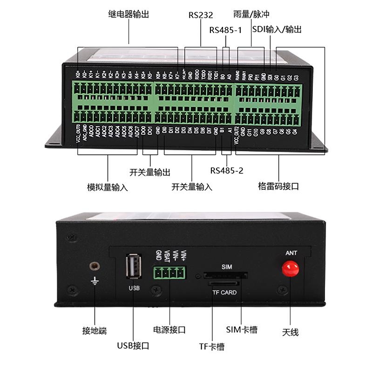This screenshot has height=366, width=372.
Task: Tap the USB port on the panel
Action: [x=134, y=267]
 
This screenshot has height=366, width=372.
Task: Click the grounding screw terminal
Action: [x=95, y=266]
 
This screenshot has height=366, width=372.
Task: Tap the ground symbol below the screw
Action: [x=95, y=281]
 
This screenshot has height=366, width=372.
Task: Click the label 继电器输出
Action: [x=129, y=14]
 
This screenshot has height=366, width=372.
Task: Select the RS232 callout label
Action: [x=201, y=15]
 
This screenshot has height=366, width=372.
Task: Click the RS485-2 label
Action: [x=227, y=171]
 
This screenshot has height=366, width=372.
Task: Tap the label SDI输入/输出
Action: [x=277, y=30]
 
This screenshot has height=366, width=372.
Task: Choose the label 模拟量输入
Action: [x=108, y=187]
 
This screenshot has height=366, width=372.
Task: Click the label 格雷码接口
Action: [x=278, y=186]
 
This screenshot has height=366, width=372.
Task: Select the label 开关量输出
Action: [x=150, y=172]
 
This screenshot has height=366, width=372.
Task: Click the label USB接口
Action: [x=133, y=346]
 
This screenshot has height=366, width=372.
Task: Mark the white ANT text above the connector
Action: [x=291, y=253]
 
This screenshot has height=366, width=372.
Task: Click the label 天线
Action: [x=290, y=332]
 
